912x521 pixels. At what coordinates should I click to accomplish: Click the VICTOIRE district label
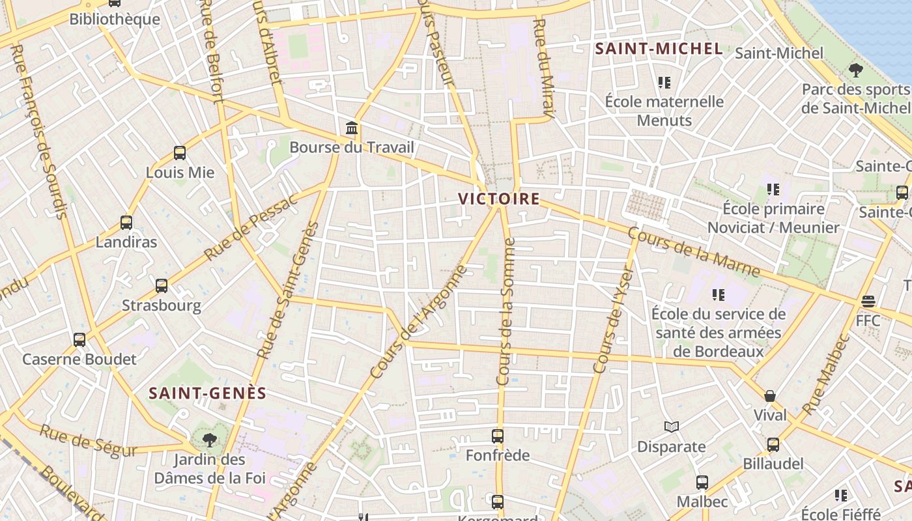point(499,199)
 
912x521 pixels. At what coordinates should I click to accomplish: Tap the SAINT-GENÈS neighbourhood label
point(208,393)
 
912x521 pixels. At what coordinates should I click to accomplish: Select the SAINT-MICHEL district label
point(659,49)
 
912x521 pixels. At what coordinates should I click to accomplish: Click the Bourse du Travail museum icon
point(352,127)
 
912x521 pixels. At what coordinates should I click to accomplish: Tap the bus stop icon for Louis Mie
point(180,153)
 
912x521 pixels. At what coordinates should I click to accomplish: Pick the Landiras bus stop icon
point(126,223)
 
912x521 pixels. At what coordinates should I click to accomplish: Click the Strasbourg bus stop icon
point(162,285)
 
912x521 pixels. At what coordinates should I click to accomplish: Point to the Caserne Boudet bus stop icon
point(79,339)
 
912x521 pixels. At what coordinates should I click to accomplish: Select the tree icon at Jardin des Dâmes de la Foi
point(209,440)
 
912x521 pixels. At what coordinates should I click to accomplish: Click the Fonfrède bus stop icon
point(498,436)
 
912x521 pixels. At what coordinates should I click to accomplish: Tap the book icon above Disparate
point(672,427)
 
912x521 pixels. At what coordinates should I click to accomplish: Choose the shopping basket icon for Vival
point(770,395)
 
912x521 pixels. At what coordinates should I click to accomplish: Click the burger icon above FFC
point(868,302)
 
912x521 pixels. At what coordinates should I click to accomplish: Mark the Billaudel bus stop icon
point(773,444)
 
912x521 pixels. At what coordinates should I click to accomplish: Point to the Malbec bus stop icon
point(702,483)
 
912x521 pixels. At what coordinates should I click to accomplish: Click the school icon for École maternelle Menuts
point(664,82)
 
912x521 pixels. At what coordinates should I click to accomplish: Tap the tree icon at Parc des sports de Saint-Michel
point(856,70)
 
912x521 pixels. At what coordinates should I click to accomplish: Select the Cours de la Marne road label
point(694,251)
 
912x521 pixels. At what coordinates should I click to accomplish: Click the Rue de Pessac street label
point(250,227)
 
